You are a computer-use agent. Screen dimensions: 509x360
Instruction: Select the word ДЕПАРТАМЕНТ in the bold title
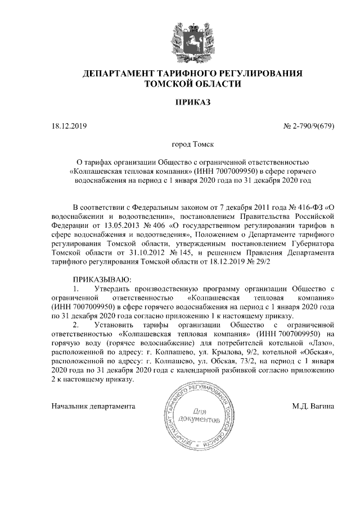click(116, 74)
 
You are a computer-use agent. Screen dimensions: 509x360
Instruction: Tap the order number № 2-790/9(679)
click(308, 125)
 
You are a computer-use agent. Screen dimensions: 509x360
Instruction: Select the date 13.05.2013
click(114, 226)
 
